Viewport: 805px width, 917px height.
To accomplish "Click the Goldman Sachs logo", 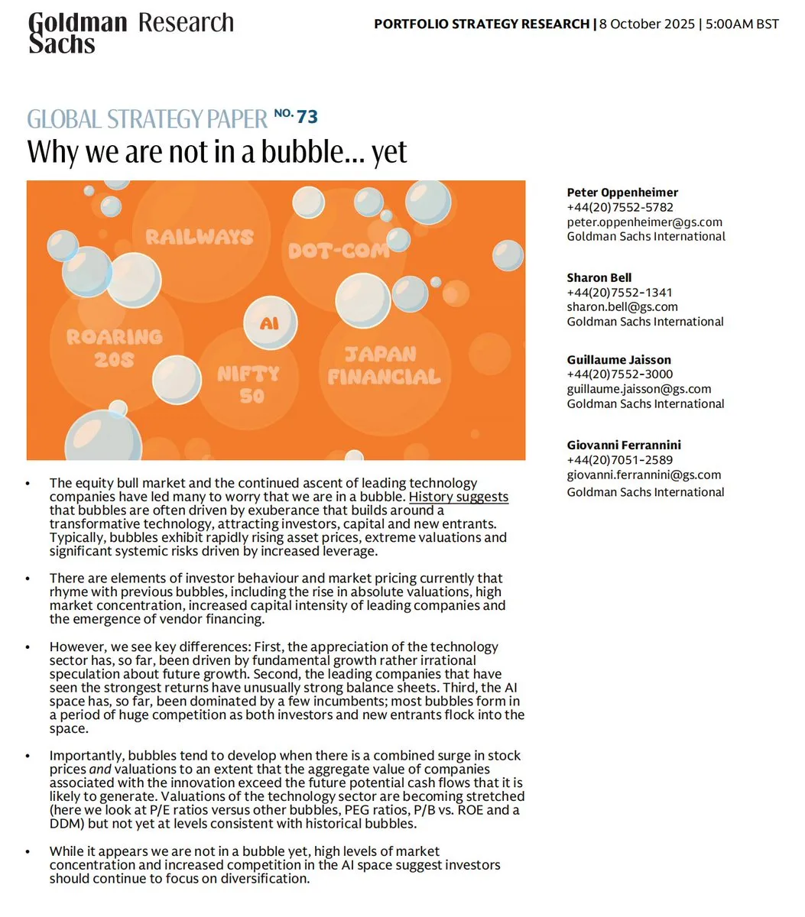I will tap(77, 33).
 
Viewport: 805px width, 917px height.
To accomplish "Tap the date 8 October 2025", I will tap(647, 24).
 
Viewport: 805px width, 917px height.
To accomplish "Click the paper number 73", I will tap(307, 116).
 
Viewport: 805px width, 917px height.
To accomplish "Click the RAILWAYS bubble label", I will tap(200, 237).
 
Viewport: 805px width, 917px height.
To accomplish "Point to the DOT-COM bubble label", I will tap(339, 251).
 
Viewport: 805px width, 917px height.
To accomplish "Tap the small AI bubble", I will tap(269, 323).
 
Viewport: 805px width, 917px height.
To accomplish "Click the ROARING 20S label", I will tap(115, 348).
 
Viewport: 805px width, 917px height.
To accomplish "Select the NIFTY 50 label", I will tap(249, 384).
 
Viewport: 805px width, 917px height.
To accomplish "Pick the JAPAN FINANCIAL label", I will tap(384, 366).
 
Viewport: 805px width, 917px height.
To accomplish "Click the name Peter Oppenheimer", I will tap(622, 193).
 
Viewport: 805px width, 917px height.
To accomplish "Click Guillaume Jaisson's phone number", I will tap(620, 374).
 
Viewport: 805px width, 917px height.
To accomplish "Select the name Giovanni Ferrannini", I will tap(624, 445).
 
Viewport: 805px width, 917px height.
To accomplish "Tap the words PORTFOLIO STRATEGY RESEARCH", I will tap(482, 24).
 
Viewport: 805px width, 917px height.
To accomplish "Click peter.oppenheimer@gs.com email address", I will tap(644, 222).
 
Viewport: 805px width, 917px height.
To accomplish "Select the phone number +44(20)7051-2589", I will tap(620, 459).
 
